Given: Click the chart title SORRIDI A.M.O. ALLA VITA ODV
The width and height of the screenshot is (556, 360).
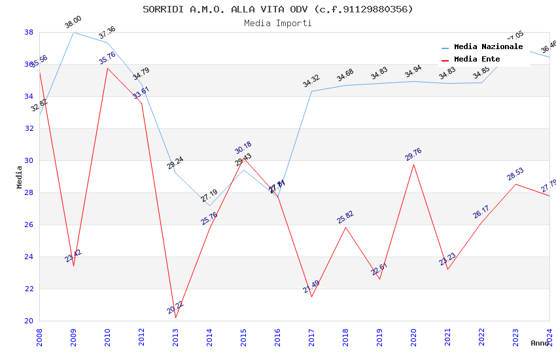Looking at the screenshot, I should coord(278,9).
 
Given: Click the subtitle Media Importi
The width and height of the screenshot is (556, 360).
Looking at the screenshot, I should coord(278,23).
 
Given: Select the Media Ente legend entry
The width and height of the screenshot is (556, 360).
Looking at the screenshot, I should coord(477,59).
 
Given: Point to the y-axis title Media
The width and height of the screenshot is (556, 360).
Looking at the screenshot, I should coord(20,177).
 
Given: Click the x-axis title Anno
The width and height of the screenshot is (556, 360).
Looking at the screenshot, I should coord(540,343).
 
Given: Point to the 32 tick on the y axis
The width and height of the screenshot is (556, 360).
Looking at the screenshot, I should coord(29,128).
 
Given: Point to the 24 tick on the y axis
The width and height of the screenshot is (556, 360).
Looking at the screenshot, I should coord(29,257).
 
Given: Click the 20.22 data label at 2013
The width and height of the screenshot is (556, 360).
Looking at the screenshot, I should coord(175,308).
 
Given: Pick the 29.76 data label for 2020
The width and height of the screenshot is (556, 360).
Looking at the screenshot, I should coord(413,154).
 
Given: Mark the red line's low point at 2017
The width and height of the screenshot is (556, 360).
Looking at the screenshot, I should coord(311,297).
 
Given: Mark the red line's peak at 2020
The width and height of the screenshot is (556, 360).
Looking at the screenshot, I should coord(413,164).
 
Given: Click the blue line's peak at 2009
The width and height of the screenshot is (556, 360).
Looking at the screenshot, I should coord(73,32).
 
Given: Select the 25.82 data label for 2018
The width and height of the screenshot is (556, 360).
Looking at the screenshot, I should coord(345,217).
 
